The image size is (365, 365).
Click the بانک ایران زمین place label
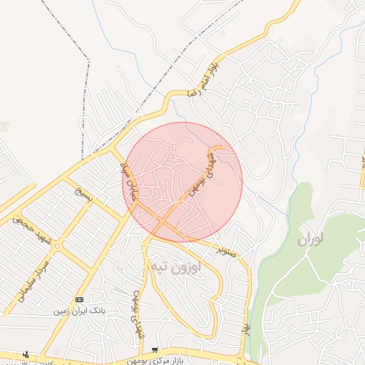pyautogui.click(x=79, y=312)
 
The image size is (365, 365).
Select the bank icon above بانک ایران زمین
pyautogui.click(x=79, y=300)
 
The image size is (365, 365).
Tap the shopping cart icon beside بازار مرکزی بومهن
pyautogui.click(x=155, y=350)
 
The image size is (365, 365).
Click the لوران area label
pyautogui.click(x=310, y=240)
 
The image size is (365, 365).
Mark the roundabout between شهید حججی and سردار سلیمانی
pyautogui.click(x=57, y=246)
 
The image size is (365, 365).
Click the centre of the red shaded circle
pyautogui.click(x=182, y=182)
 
